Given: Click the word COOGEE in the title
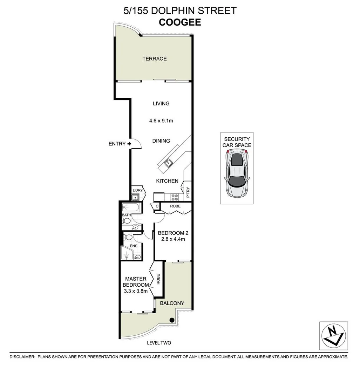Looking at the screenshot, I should point(180,22).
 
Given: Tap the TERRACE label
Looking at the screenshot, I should point(154,59).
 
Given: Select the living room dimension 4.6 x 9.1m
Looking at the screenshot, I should point(161,121).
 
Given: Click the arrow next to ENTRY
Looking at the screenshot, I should point(129,144).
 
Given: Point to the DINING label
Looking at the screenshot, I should point(161,141).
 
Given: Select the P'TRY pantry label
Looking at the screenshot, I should point(188,193).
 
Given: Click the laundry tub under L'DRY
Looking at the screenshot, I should point(135,197).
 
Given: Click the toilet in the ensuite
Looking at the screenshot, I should point(129,238).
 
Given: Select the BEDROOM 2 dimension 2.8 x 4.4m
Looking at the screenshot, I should point(171,239).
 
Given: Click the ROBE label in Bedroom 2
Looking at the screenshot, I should point(175,206).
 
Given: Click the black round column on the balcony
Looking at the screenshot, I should point(172,320).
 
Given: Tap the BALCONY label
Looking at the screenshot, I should point(172,303).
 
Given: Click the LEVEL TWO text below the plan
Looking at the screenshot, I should point(159,343).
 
